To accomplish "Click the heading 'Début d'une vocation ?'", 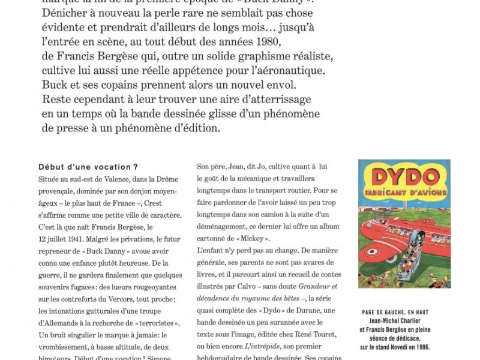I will (88, 167).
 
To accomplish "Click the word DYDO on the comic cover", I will (404, 177).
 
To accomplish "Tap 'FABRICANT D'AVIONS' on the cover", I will (404, 195).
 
